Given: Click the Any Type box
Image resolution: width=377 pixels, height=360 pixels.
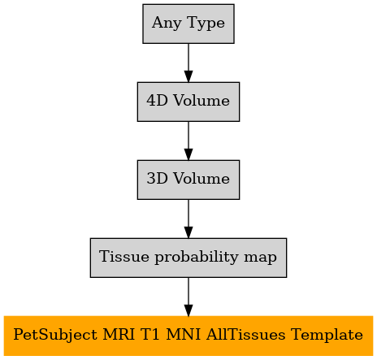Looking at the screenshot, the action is (188, 24).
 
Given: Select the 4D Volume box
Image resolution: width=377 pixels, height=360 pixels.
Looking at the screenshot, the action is (188, 102).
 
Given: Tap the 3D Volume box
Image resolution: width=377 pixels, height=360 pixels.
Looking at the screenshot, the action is (188, 180).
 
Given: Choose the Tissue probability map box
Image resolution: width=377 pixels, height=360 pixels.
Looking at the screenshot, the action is (188, 258).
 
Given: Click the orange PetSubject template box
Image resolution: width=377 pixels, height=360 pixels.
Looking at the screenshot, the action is (188, 336).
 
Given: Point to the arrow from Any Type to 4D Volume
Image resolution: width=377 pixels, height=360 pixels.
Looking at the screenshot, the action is (188, 63).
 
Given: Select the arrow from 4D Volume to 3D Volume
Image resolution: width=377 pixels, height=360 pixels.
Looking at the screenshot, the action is (188, 141).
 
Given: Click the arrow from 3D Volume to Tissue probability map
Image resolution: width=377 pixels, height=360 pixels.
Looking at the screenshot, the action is (188, 219).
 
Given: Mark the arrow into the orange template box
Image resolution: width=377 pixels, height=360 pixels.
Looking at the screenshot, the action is (188, 297).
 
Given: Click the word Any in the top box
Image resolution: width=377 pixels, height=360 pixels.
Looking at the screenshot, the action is (167, 24).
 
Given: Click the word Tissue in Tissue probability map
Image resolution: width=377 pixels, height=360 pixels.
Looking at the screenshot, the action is (124, 256).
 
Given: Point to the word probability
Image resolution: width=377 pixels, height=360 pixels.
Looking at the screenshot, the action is (197, 258).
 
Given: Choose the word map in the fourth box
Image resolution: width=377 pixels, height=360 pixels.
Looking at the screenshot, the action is (260, 258).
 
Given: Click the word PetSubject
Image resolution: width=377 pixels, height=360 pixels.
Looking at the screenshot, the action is (55, 335).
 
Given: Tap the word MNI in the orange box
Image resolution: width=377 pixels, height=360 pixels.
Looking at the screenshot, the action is (183, 335).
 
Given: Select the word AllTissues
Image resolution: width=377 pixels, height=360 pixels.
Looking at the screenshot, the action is (245, 335).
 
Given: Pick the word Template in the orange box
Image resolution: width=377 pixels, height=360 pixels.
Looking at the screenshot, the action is (327, 335).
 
